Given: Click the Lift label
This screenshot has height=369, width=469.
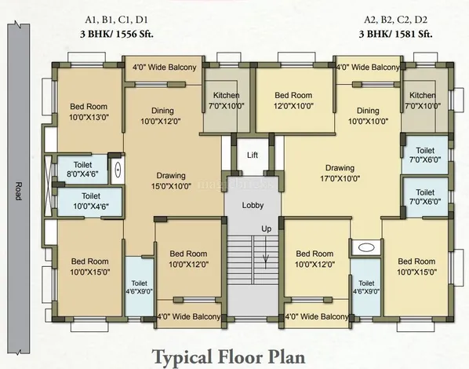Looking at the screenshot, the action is coord(253,155).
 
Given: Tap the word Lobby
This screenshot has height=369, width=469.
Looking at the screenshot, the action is coord(253,206).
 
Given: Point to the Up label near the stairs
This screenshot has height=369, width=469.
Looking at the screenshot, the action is coord(266,229).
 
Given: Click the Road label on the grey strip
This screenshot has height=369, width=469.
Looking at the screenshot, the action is coord(19,191).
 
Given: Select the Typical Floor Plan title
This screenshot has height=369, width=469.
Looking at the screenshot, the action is coord(229,356).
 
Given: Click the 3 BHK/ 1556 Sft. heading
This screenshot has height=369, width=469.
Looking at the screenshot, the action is coord(117,34).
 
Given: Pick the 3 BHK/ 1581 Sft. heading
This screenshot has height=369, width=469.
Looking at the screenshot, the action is coord(396,34).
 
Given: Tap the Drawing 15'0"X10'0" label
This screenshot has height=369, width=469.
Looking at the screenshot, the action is coord(171,181).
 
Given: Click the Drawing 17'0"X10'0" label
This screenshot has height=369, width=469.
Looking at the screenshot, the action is coord(340,174).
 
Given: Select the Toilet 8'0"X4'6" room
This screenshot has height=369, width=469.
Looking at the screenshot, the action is coord(82,170).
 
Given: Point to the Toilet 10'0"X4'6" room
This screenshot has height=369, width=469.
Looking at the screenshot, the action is coord(89,201).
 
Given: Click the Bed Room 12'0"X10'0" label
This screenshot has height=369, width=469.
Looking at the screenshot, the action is coord(294,100).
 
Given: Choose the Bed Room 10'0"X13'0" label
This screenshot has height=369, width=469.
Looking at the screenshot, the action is coord(89,111).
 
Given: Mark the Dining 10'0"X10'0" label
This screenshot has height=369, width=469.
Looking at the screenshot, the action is coord(368,116).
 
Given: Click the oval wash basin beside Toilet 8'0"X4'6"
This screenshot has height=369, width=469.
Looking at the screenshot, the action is coord(118,170).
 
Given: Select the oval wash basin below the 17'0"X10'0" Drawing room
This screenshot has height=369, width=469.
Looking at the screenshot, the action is coord(366,247).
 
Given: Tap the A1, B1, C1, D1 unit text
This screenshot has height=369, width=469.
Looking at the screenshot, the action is coord(116,20).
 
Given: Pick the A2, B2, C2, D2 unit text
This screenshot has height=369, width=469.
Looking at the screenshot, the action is coord(396,20).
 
